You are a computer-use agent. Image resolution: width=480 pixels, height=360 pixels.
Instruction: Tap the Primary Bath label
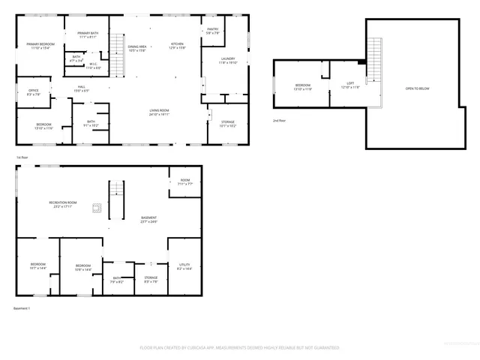click(x=88, y=34)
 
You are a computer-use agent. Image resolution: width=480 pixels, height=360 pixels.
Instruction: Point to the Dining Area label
click(x=136, y=49)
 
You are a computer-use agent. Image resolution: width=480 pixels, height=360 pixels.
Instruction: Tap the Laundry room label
click(x=228, y=60)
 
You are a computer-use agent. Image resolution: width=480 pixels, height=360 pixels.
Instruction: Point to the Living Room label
click(x=158, y=112)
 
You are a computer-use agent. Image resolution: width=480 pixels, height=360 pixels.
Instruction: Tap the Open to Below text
click(x=417, y=88)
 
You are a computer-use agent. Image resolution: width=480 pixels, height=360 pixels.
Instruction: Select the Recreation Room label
click(x=63, y=204)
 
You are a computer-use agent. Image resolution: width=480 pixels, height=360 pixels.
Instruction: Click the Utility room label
click(x=184, y=267)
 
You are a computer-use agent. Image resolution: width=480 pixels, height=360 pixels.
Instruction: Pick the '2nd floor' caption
click(x=279, y=121)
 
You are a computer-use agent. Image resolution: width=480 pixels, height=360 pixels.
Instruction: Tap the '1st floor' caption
click(x=22, y=157)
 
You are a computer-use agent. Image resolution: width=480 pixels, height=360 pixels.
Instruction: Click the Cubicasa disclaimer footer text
click(x=239, y=347)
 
